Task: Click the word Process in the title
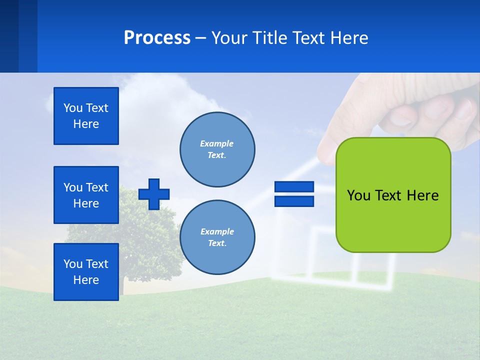point(157,38)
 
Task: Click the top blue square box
point(86,116)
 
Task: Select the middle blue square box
point(86,195)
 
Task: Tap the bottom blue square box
point(86,272)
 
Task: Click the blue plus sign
point(154,194)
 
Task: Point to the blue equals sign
point(294,194)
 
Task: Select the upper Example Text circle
point(217,149)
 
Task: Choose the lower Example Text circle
point(217,237)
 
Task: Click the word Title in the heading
point(271,38)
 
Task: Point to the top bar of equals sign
point(294,187)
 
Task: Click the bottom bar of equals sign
point(294,201)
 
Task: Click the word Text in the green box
point(390,195)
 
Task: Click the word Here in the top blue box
point(86,124)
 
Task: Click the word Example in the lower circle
point(217,231)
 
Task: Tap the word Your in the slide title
point(228,38)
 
